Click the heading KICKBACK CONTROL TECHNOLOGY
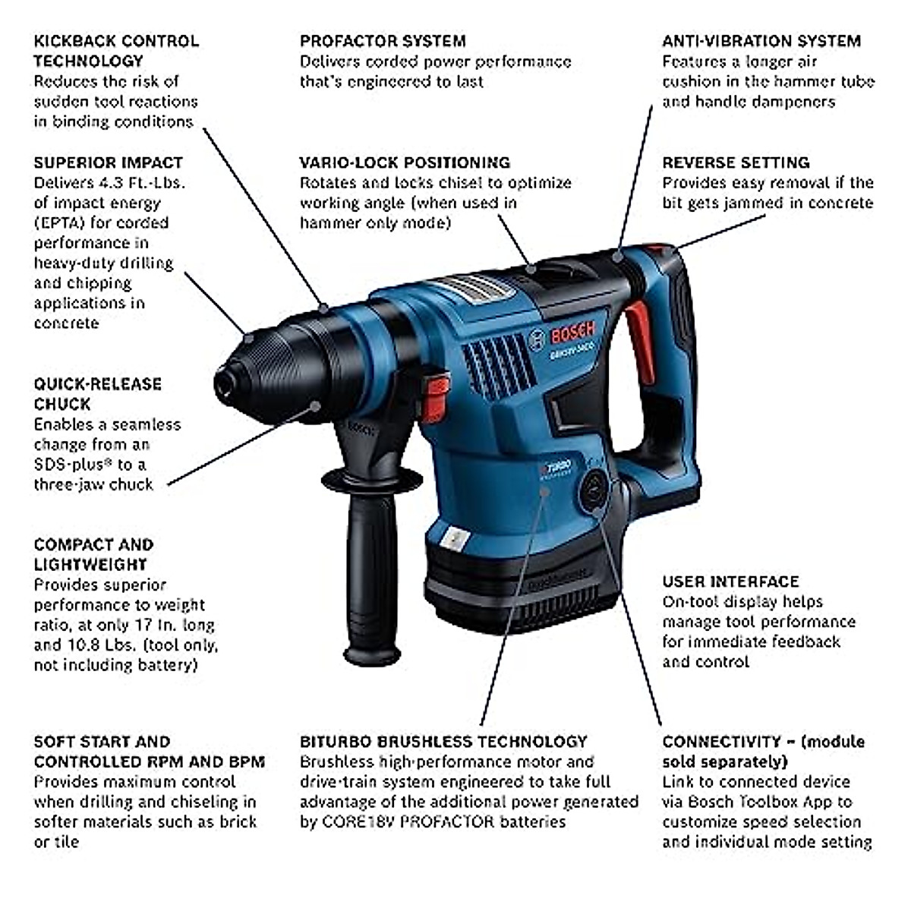tap(115, 50)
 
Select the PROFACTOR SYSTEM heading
tap(383, 41)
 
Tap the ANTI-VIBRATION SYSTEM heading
tap(761, 41)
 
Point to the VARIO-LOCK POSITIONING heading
tap(405, 162)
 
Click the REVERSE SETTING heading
tap(736, 162)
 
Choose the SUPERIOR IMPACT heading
tap(108, 162)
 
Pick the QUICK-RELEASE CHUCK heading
tap(97, 393)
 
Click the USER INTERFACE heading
tap(730, 582)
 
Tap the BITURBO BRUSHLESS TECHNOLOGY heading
tap(443, 742)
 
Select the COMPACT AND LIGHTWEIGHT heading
tap(93, 554)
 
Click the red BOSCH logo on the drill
tap(572, 332)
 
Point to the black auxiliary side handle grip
tap(372, 577)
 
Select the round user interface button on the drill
tap(593, 490)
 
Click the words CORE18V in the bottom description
tap(355, 822)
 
